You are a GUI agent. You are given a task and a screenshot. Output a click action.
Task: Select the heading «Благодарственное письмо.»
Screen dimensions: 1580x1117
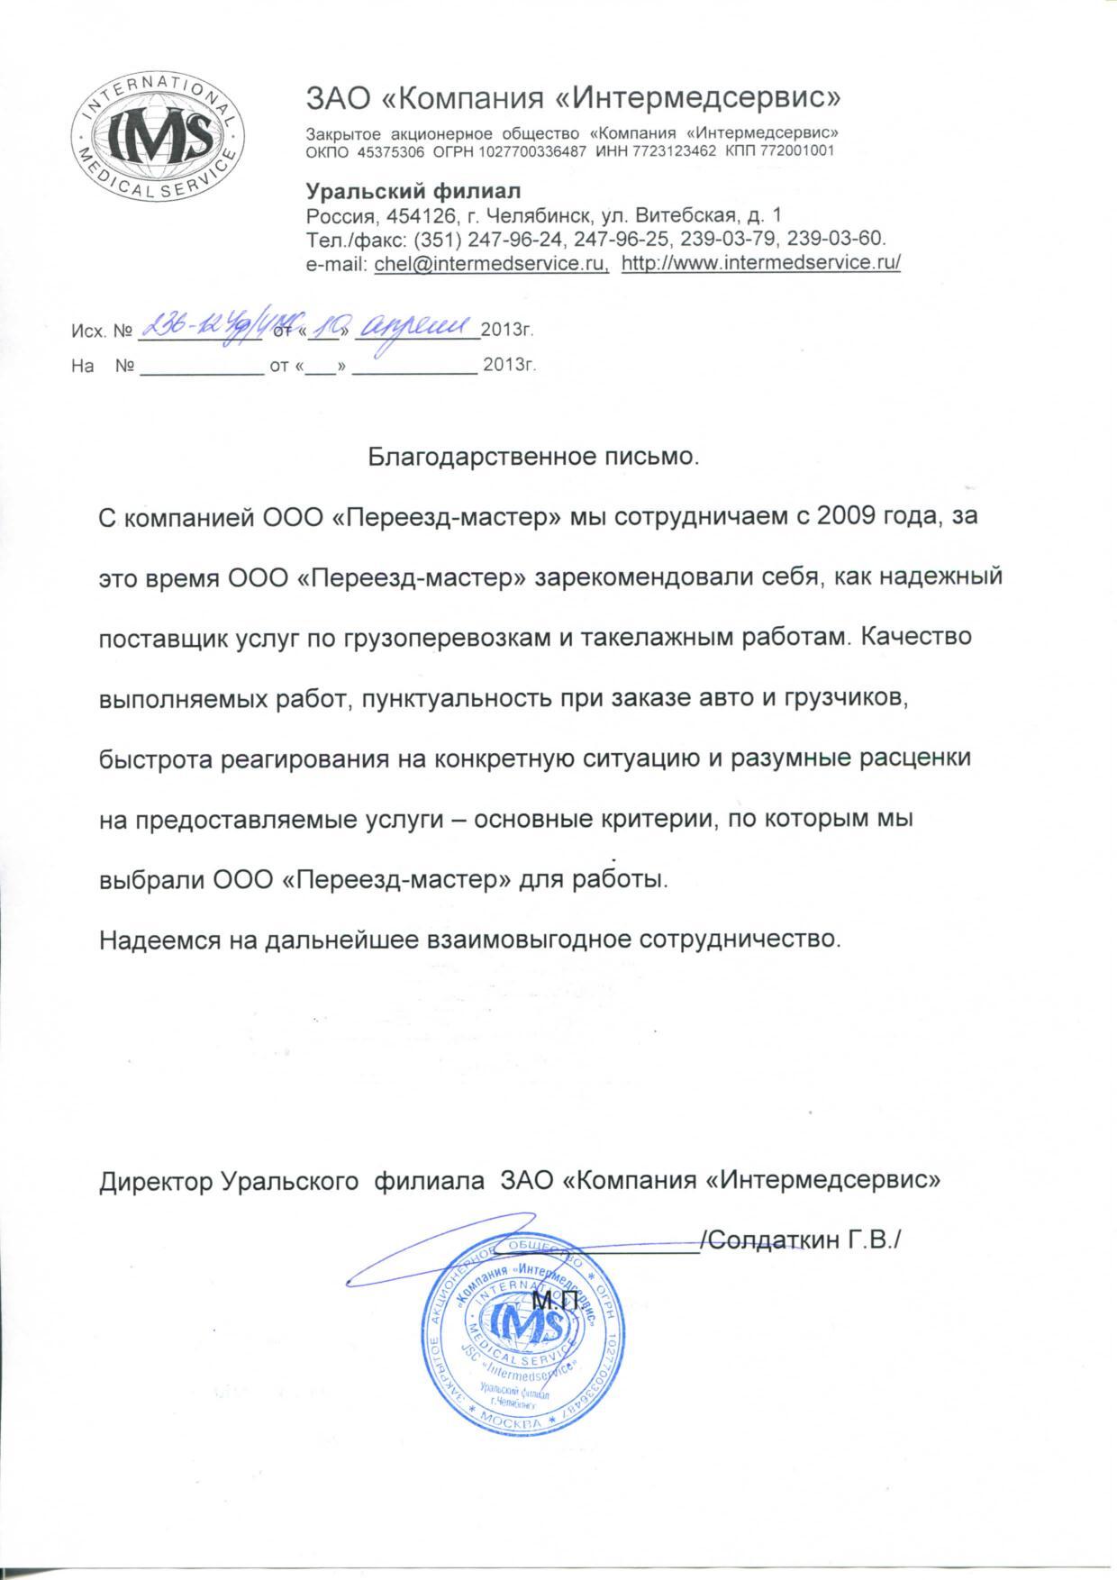533,457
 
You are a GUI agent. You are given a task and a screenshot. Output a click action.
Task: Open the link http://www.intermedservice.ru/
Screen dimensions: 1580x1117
761,263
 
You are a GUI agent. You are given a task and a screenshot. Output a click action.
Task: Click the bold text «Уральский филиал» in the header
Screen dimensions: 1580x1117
414,192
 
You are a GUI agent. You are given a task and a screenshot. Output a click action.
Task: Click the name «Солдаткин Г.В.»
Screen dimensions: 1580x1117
801,1240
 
